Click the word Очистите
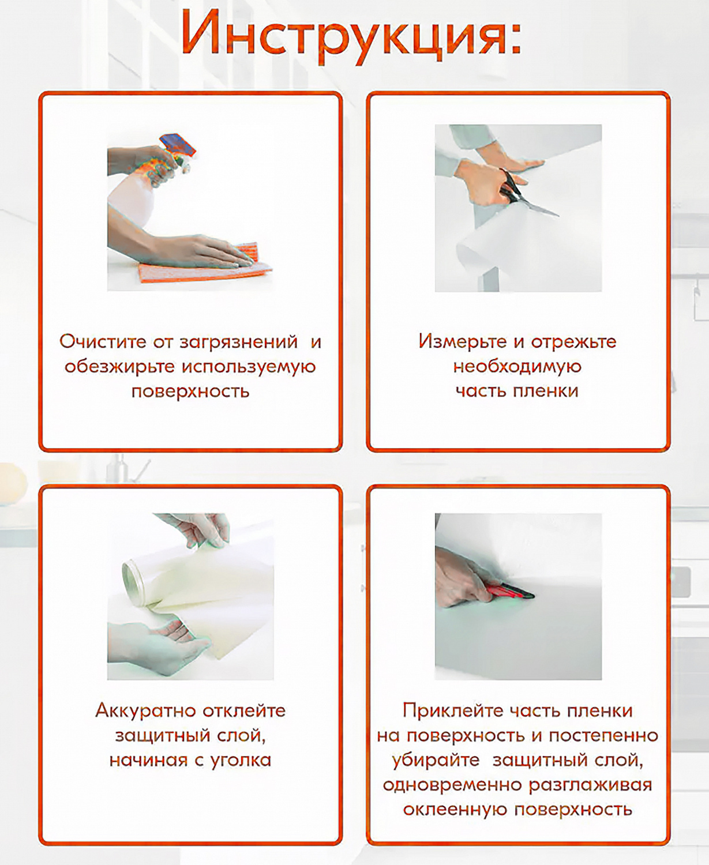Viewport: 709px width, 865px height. tap(103, 341)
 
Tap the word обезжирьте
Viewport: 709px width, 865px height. tap(119, 367)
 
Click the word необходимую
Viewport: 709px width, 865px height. tap(517, 366)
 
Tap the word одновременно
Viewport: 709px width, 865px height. tap(452, 785)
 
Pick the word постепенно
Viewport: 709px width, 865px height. tap(603, 735)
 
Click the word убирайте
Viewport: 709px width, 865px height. tap(436, 760)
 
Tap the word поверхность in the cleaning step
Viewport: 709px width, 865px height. tap(190, 392)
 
